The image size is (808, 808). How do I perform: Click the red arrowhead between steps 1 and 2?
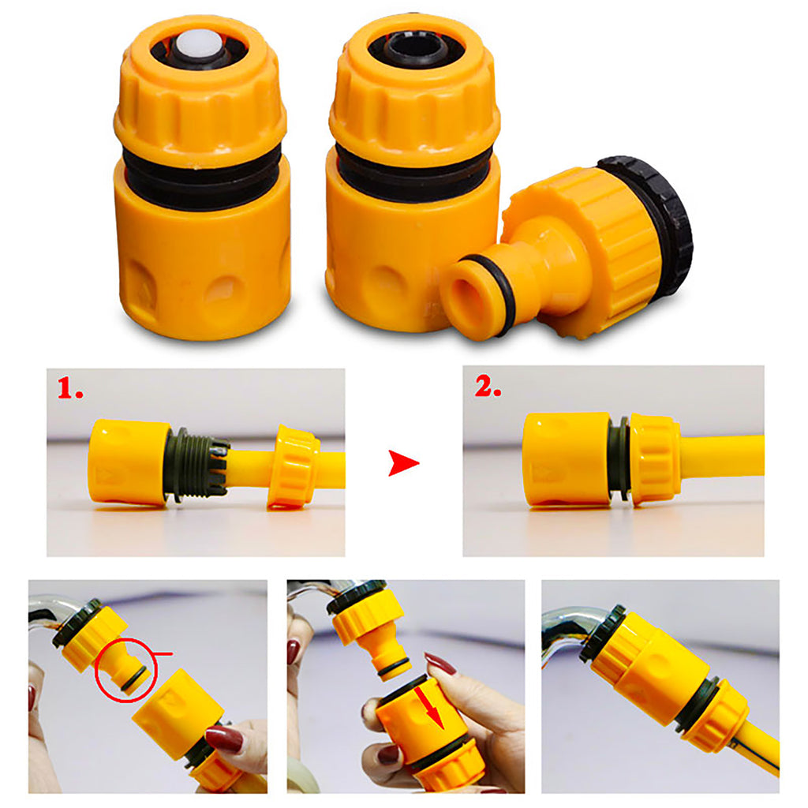pos(402,465)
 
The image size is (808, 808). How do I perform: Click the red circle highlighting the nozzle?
pos(126,671)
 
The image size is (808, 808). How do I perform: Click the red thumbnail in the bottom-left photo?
pos(224,739)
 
